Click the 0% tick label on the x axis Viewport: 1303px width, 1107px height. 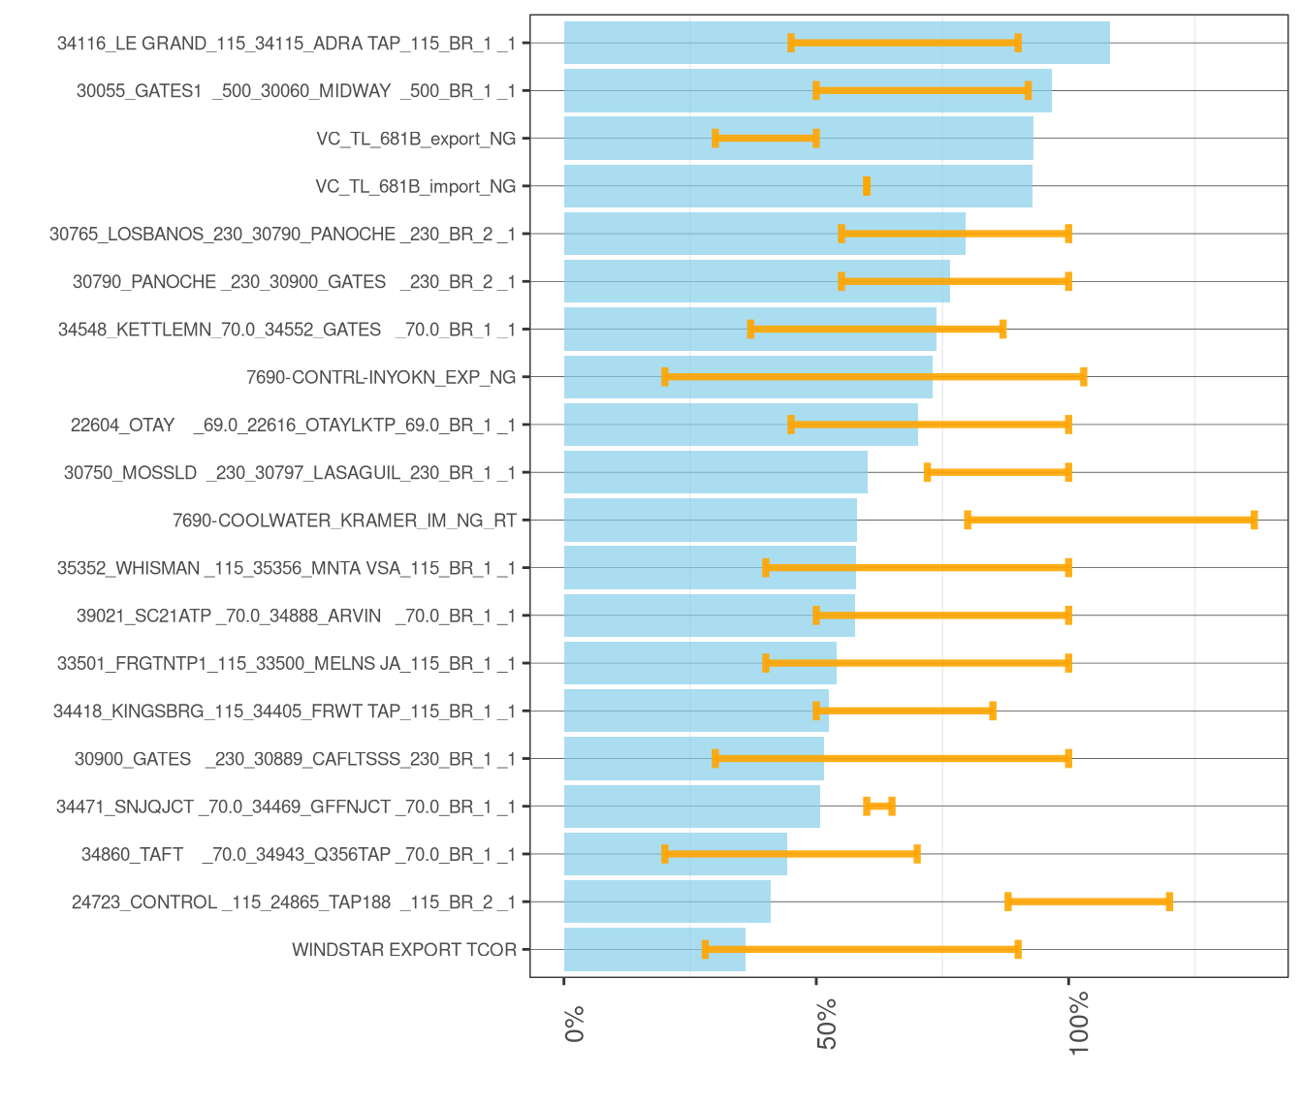[x=574, y=1024]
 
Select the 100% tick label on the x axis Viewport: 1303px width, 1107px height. [x=1079, y=1024]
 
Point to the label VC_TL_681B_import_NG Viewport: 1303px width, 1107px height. [x=415, y=186]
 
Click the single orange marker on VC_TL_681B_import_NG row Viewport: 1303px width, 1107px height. [x=867, y=186]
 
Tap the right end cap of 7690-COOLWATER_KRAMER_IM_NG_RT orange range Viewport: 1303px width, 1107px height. [x=1254, y=521]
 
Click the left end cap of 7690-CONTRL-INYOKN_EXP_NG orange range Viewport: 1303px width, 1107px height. [x=665, y=377]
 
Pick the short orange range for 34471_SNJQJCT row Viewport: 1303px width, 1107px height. [x=879, y=807]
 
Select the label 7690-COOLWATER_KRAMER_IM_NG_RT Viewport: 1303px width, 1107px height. [x=344, y=521]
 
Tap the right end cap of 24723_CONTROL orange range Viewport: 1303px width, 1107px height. [x=1169, y=902]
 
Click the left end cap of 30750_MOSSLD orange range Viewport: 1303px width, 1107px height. [x=928, y=473]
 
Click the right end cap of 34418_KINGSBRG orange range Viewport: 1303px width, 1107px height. [x=993, y=712]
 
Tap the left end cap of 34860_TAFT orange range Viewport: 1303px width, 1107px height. [x=665, y=854]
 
